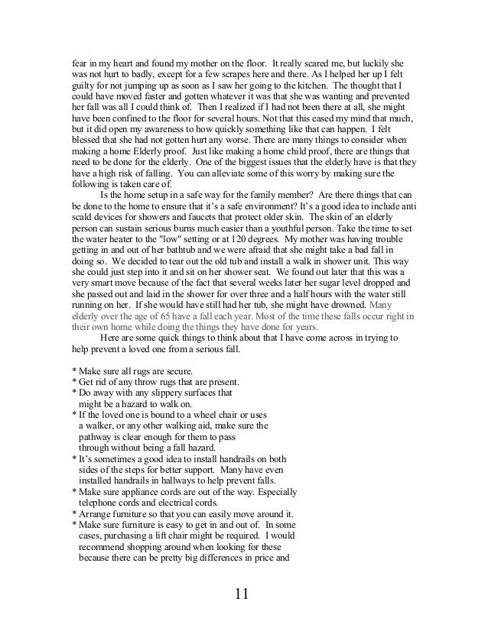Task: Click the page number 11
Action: coord(244,594)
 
